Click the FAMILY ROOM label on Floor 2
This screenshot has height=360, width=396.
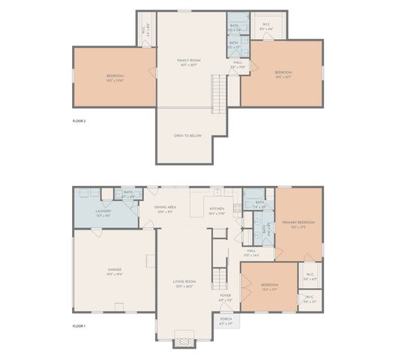click(x=188, y=60)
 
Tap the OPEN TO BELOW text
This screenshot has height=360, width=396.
click(x=187, y=136)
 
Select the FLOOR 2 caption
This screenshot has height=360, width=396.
click(x=79, y=120)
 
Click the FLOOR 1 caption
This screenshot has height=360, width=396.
click(x=79, y=326)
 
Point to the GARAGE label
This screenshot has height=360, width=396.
click(x=115, y=269)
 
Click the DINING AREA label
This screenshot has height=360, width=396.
click(x=165, y=207)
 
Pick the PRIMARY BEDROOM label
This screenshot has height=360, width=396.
click(x=298, y=222)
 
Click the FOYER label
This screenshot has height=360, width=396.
click(x=225, y=295)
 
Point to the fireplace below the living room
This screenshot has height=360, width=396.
click(x=183, y=342)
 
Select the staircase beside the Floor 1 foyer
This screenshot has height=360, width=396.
click(x=218, y=277)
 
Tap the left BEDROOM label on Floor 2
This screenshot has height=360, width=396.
click(x=115, y=76)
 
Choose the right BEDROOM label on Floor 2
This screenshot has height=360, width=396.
click(x=283, y=73)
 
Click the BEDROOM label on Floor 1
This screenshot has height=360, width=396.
click(x=269, y=285)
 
